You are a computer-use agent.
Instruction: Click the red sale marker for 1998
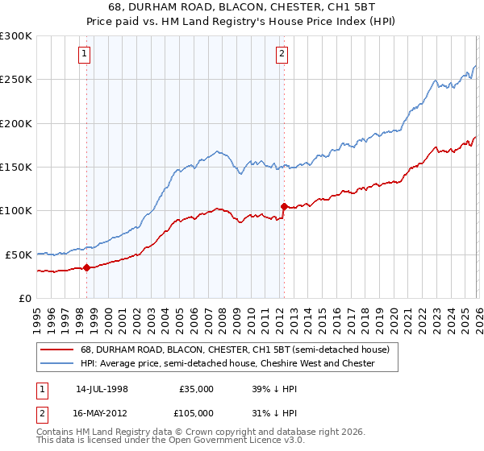click(86, 267)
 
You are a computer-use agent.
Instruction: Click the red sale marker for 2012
click(284, 206)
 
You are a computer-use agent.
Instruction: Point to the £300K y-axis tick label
click(16, 36)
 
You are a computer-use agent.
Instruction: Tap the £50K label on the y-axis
click(19, 254)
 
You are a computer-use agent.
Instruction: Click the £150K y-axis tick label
click(16, 168)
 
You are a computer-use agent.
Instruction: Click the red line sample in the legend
click(56, 350)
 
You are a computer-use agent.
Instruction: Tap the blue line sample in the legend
click(56, 364)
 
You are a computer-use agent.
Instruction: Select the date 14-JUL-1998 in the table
click(102, 388)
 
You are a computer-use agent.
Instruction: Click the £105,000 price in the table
click(196, 412)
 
